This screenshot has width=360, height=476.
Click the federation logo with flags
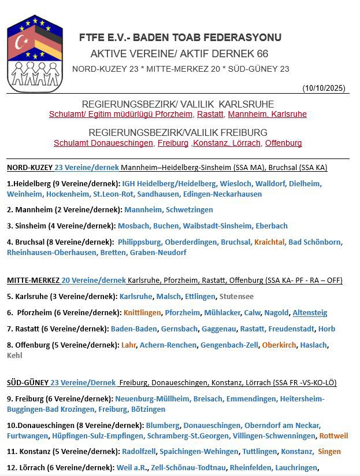[34, 53]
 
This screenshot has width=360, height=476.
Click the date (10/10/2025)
[324, 88]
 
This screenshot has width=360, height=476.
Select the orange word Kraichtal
[269, 242]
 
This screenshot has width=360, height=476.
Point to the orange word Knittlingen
[142, 312]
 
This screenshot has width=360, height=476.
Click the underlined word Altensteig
[310, 312]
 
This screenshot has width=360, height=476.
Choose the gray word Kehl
[14, 355]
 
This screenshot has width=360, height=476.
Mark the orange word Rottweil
[333, 436]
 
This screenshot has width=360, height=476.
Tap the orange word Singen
[329, 451]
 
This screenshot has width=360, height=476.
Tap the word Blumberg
[162, 425]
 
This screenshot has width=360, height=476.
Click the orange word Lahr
[128, 345]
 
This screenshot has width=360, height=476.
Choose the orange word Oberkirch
[280, 345]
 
